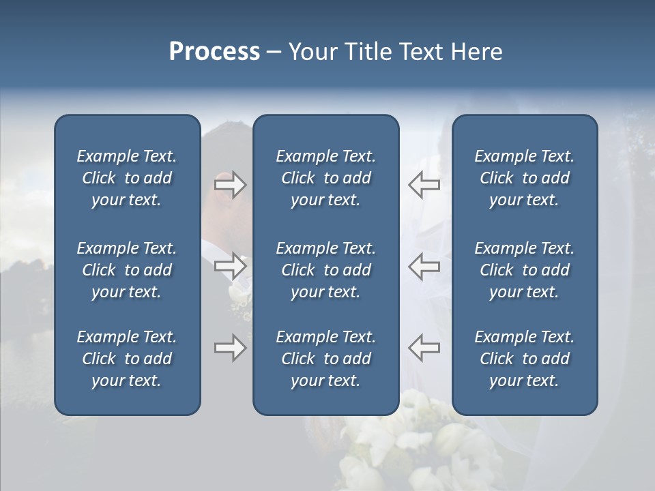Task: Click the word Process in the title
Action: (x=214, y=52)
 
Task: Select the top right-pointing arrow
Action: (x=230, y=185)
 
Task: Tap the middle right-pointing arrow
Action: (x=230, y=266)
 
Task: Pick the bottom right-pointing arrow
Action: (x=230, y=348)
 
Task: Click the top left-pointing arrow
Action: (x=424, y=185)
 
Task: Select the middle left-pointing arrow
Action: (x=424, y=266)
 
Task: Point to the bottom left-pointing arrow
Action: (x=424, y=348)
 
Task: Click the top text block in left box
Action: (x=127, y=178)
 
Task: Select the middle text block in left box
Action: (x=127, y=270)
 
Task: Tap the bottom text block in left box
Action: (x=127, y=359)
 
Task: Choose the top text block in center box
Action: (x=325, y=178)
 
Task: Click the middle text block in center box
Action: (x=325, y=270)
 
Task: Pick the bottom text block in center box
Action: (x=325, y=359)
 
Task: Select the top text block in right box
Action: (x=525, y=178)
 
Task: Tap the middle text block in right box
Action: (x=525, y=270)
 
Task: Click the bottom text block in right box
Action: (x=525, y=359)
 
